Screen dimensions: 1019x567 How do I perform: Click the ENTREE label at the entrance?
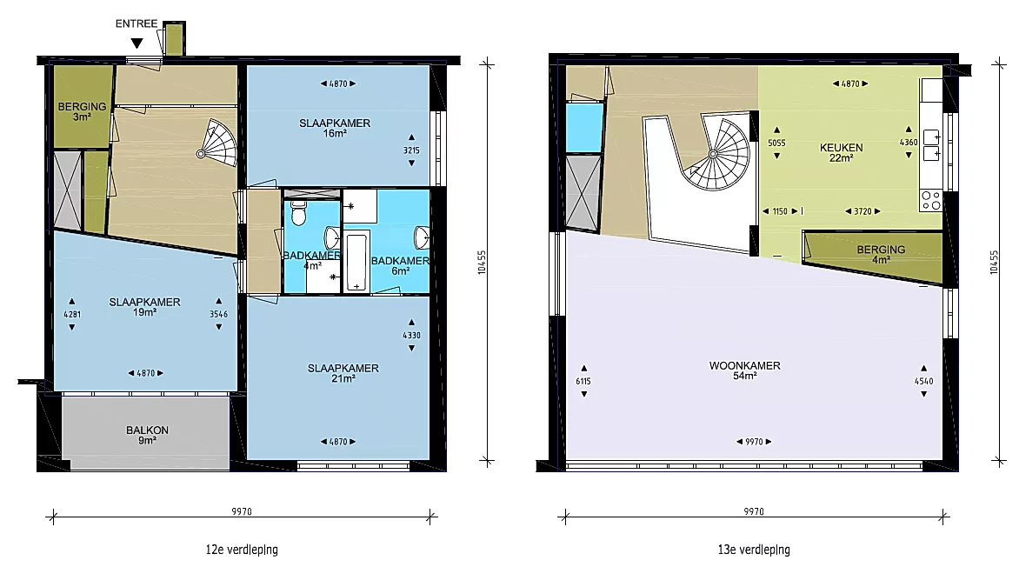tap(137, 23)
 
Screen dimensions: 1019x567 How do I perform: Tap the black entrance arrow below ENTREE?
tap(137, 43)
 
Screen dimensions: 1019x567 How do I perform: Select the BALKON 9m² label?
tap(148, 435)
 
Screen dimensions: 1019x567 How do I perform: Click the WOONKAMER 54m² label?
tap(745, 370)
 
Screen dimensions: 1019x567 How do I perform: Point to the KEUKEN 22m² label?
tap(841, 153)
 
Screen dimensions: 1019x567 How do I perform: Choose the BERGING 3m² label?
tap(82, 111)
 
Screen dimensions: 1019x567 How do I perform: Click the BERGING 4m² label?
tap(881, 254)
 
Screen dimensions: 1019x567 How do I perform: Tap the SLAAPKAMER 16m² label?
tap(335, 128)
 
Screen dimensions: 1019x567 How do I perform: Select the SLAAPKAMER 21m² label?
tap(343, 373)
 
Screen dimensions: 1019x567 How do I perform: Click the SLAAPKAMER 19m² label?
tap(145, 307)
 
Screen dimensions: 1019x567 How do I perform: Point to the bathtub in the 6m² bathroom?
tap(356, 261)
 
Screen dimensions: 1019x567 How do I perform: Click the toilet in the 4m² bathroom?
tap(298, 212)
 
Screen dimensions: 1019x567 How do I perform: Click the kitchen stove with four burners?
tap(930, 200)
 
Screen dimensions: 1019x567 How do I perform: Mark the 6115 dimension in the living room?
tap(583, 381)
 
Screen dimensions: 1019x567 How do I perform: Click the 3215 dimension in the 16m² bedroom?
tap(411, 150)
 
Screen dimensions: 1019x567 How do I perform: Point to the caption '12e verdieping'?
tap(242, 550)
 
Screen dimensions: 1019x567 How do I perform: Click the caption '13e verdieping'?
tap(754, 550)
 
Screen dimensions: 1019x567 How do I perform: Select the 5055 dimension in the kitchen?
tap(776, 143)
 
